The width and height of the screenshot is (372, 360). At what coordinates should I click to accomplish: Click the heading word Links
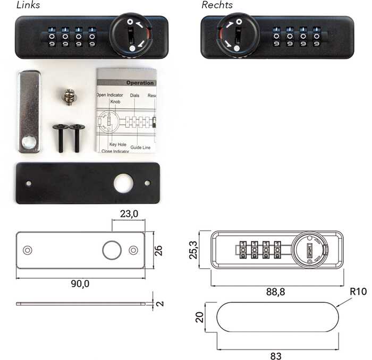[28, 5]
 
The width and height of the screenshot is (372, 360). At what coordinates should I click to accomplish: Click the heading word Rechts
[217, 5]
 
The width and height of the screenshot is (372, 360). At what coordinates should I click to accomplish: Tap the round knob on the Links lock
[131, 35]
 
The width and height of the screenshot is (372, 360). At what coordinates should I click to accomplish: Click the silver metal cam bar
[29, 112]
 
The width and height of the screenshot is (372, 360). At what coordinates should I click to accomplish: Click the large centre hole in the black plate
[123, 184]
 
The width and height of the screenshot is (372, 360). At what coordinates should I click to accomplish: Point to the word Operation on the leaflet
[140, 83]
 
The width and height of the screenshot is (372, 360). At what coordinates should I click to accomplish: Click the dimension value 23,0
[128, 213]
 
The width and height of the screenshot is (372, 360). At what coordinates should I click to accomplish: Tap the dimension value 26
[158, 250]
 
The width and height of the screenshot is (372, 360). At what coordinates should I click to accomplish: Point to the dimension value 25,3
[193, 249]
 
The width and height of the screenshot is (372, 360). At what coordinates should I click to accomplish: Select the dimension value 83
[275, 356]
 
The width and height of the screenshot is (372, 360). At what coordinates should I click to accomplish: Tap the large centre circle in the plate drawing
[112, 250]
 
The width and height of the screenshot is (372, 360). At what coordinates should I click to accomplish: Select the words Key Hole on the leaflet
[117, 144]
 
